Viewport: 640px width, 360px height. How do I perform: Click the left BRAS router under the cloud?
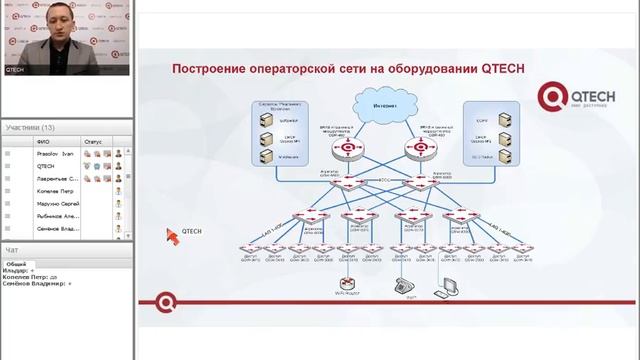pyautogui.click(x=347, y=150)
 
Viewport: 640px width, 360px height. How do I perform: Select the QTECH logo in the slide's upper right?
pyautogui.click(x=554, y=96)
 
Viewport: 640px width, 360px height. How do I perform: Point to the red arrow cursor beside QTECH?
pyautogui.click(x=171, y=235)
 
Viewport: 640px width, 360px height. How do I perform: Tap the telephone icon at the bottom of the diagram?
pyautogui.click(x=405, y=284)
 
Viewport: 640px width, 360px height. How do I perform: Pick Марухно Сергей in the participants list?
pyautogui.click(x=57, y=203)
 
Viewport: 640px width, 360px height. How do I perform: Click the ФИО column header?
pyautogui.click(x=43, y=141)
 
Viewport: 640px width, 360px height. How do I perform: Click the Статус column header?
pyautogui.click(x=93, y=141)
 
